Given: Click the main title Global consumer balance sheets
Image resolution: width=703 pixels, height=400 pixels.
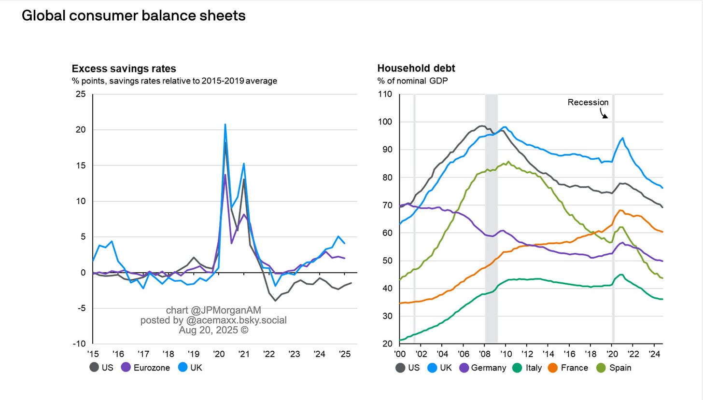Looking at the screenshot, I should (x=134, y=16).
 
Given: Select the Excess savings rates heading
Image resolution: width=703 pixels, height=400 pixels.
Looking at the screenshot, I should (x=124, y=69).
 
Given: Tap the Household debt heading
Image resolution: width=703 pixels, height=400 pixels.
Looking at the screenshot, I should (x=416, y=69).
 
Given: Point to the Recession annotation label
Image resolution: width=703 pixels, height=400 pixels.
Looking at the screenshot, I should (x=588, y=102).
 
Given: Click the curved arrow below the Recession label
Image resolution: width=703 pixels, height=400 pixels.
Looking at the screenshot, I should (x=604, y=113).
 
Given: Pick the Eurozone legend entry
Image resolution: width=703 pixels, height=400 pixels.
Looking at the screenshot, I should (x=151, y=368).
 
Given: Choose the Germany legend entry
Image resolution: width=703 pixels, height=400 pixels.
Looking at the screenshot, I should (x=488, y=368).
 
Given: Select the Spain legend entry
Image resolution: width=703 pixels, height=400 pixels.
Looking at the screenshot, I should (x=619, y=368).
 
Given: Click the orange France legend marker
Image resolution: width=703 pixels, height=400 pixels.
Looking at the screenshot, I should (x=552, y=368).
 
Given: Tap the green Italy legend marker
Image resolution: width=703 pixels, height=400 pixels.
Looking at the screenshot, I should (x=517, y=368).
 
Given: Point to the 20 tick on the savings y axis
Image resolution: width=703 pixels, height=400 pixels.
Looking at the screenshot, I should (x=80, y=130).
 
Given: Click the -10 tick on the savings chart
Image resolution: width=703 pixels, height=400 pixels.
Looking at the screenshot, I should (x=79, y=344).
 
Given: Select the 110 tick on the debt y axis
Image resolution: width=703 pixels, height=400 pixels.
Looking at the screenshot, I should (x=385, y=94).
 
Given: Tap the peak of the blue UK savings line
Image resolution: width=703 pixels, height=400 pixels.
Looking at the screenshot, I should (x=225, y=124).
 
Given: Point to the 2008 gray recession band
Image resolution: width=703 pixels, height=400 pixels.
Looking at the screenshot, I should (x=491, y=217).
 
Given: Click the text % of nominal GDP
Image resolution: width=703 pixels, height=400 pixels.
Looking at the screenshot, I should (x=412, y=81).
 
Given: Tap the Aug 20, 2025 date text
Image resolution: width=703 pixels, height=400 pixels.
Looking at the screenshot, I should (x=213, y=330).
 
